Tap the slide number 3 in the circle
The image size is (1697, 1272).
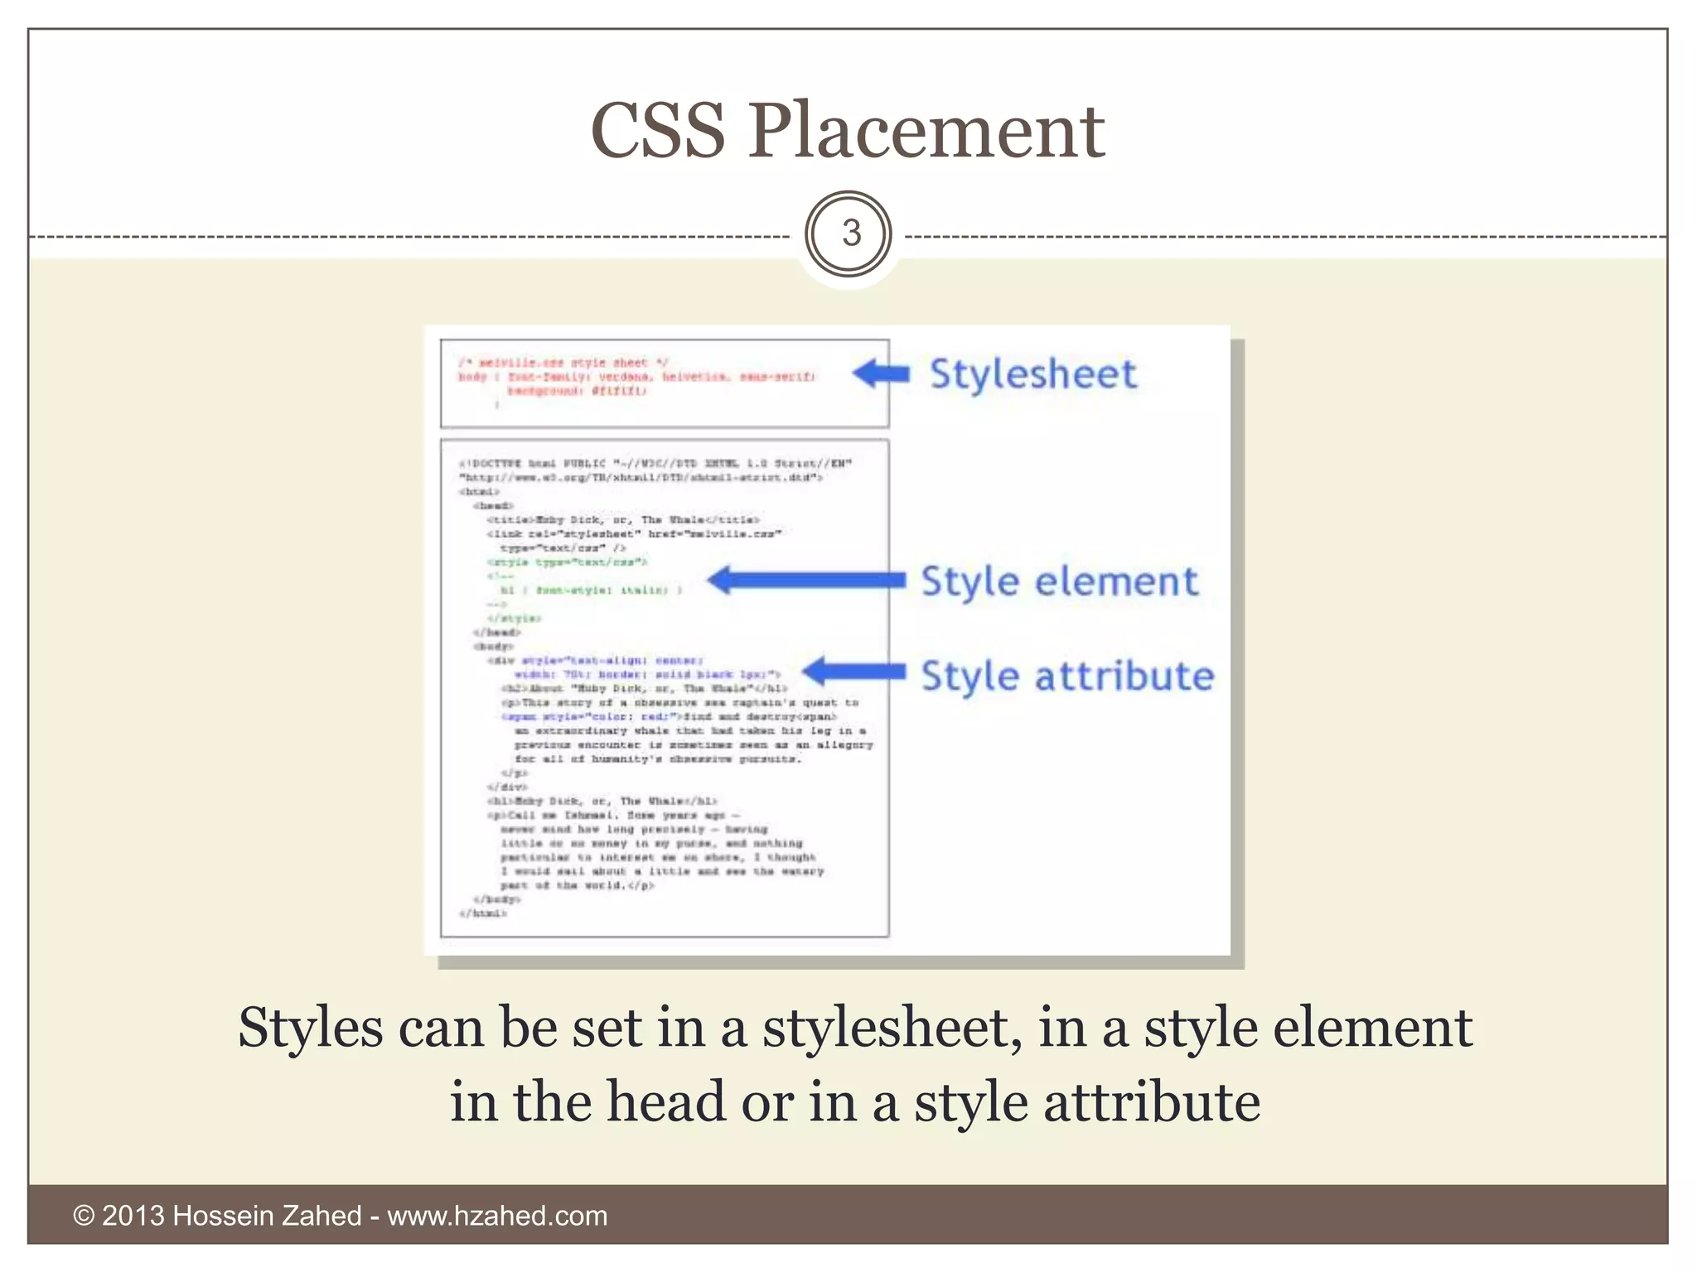(x=850, y=234)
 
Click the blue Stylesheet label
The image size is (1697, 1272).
(x=1032, y=374)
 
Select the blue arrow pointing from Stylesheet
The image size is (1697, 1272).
(x=881, y=374)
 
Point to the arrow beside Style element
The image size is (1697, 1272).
(x=805, y=581)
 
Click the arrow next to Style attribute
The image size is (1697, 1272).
(x=853, y=672)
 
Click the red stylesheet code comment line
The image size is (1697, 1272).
(x=563, y=363)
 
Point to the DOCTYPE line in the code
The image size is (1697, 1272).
(x=655, y=463)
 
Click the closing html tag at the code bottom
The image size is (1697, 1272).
(x=483, y=914)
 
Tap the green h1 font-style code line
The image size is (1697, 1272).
(x=590, y=590)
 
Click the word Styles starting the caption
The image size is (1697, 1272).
(x=311, y=1029)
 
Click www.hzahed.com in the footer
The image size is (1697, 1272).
(x=497, y=1216)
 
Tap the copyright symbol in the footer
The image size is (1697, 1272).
(x=85, y=1216)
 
